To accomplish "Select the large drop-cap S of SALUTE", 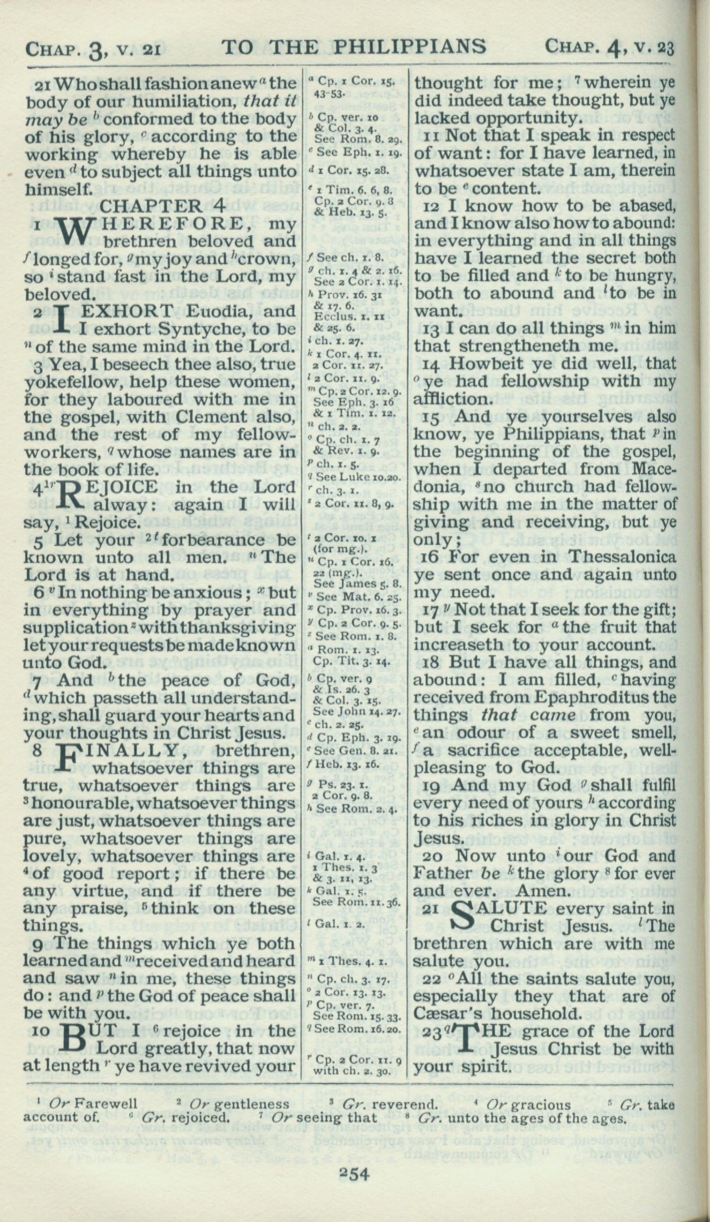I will tap(468, 917).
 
